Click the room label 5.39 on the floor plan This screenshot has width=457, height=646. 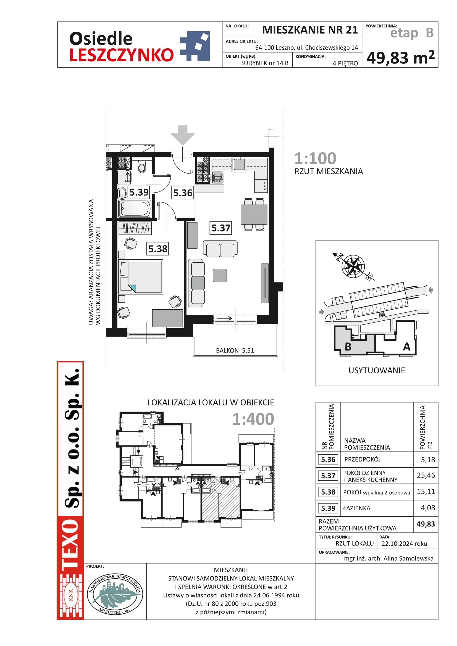coord(139,193)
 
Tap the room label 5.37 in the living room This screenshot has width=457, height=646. coord(221,228)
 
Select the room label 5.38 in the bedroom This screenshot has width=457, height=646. coord(158,249)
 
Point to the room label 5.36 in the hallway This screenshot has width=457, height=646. coord(183,193)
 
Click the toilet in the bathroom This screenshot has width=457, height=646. coord(142,166)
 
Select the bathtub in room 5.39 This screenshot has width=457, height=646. coord(135,209)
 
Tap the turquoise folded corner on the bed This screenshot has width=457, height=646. coord(132,288)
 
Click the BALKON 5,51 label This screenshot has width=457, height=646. coord(235,350)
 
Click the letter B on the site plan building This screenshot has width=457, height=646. coord(348,347)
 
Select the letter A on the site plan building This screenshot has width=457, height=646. coord(406,347)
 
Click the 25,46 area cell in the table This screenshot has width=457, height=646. coord(426,475)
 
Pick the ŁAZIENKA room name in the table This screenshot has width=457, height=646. coord(356,508)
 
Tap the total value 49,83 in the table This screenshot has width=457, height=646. coord(426,524)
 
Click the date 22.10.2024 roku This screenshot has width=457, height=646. coord(404,544)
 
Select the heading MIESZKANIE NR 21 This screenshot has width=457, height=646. coord(310,30)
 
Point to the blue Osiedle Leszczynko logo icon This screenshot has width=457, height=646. coord(195,46)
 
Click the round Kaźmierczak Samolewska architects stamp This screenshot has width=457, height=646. coord(115,594)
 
